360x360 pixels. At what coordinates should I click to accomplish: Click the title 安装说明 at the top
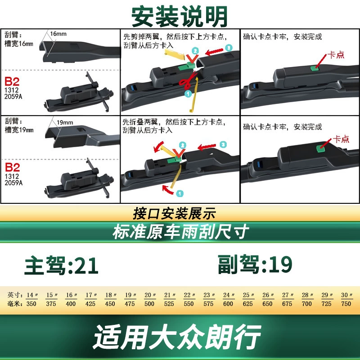(x=180, y=17)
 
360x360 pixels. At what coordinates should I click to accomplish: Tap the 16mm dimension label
(x=58, y=34)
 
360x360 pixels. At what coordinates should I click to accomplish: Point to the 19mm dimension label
(x=65, y=122)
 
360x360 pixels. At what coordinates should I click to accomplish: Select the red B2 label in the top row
(x=12, y=81)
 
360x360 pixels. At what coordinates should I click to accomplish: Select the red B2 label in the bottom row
(x=12, y=167)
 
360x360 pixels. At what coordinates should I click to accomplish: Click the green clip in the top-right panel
(x=315, y=68)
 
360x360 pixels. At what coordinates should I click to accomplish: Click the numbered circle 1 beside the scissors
(x=188, y=94)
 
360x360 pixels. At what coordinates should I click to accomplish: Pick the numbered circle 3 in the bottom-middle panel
(x=223, y=144)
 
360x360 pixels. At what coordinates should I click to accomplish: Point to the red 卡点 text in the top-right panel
(x=336, y=55)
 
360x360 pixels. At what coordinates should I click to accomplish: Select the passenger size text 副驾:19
(x=255, y=264)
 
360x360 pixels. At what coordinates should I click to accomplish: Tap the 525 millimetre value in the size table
(x=169, y=304)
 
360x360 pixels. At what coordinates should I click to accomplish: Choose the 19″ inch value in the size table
(x=130, y=295)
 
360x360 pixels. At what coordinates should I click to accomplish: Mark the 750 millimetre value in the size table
(x=346, y=304)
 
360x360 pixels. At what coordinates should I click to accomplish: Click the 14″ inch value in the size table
(x=32, y=295)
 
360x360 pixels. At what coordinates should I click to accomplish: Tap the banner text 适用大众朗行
(x=177, y=337)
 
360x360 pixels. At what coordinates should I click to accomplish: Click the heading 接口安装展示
(x=174, y=213)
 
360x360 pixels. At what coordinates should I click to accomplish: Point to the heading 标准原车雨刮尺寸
(x=181, y=232)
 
